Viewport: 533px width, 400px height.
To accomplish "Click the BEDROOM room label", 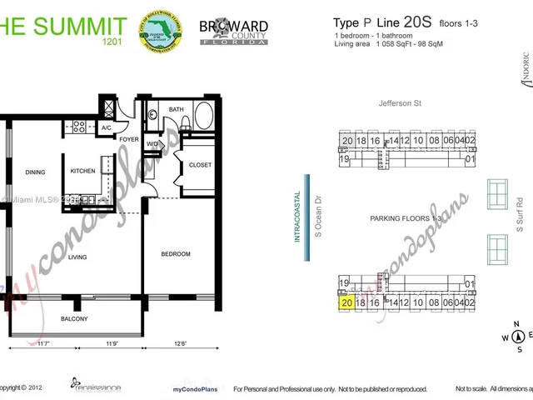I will [176, 254].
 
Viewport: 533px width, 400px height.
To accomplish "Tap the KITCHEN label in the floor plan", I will [82, 171].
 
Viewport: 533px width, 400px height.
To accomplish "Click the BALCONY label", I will [74, 318].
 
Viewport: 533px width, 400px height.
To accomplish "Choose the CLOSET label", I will [200, 165].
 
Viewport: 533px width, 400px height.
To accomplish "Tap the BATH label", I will [176, 109].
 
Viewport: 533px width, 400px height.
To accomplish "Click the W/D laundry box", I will [152, 144].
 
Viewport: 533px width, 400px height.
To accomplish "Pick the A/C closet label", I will [107, 127].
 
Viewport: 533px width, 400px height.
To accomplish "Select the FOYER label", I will [128, 139].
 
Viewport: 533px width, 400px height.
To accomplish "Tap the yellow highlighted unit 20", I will [347, 303].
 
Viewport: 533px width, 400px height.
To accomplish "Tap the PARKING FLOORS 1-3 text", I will [406, 218].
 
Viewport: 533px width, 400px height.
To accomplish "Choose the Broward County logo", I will [234, 31].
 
